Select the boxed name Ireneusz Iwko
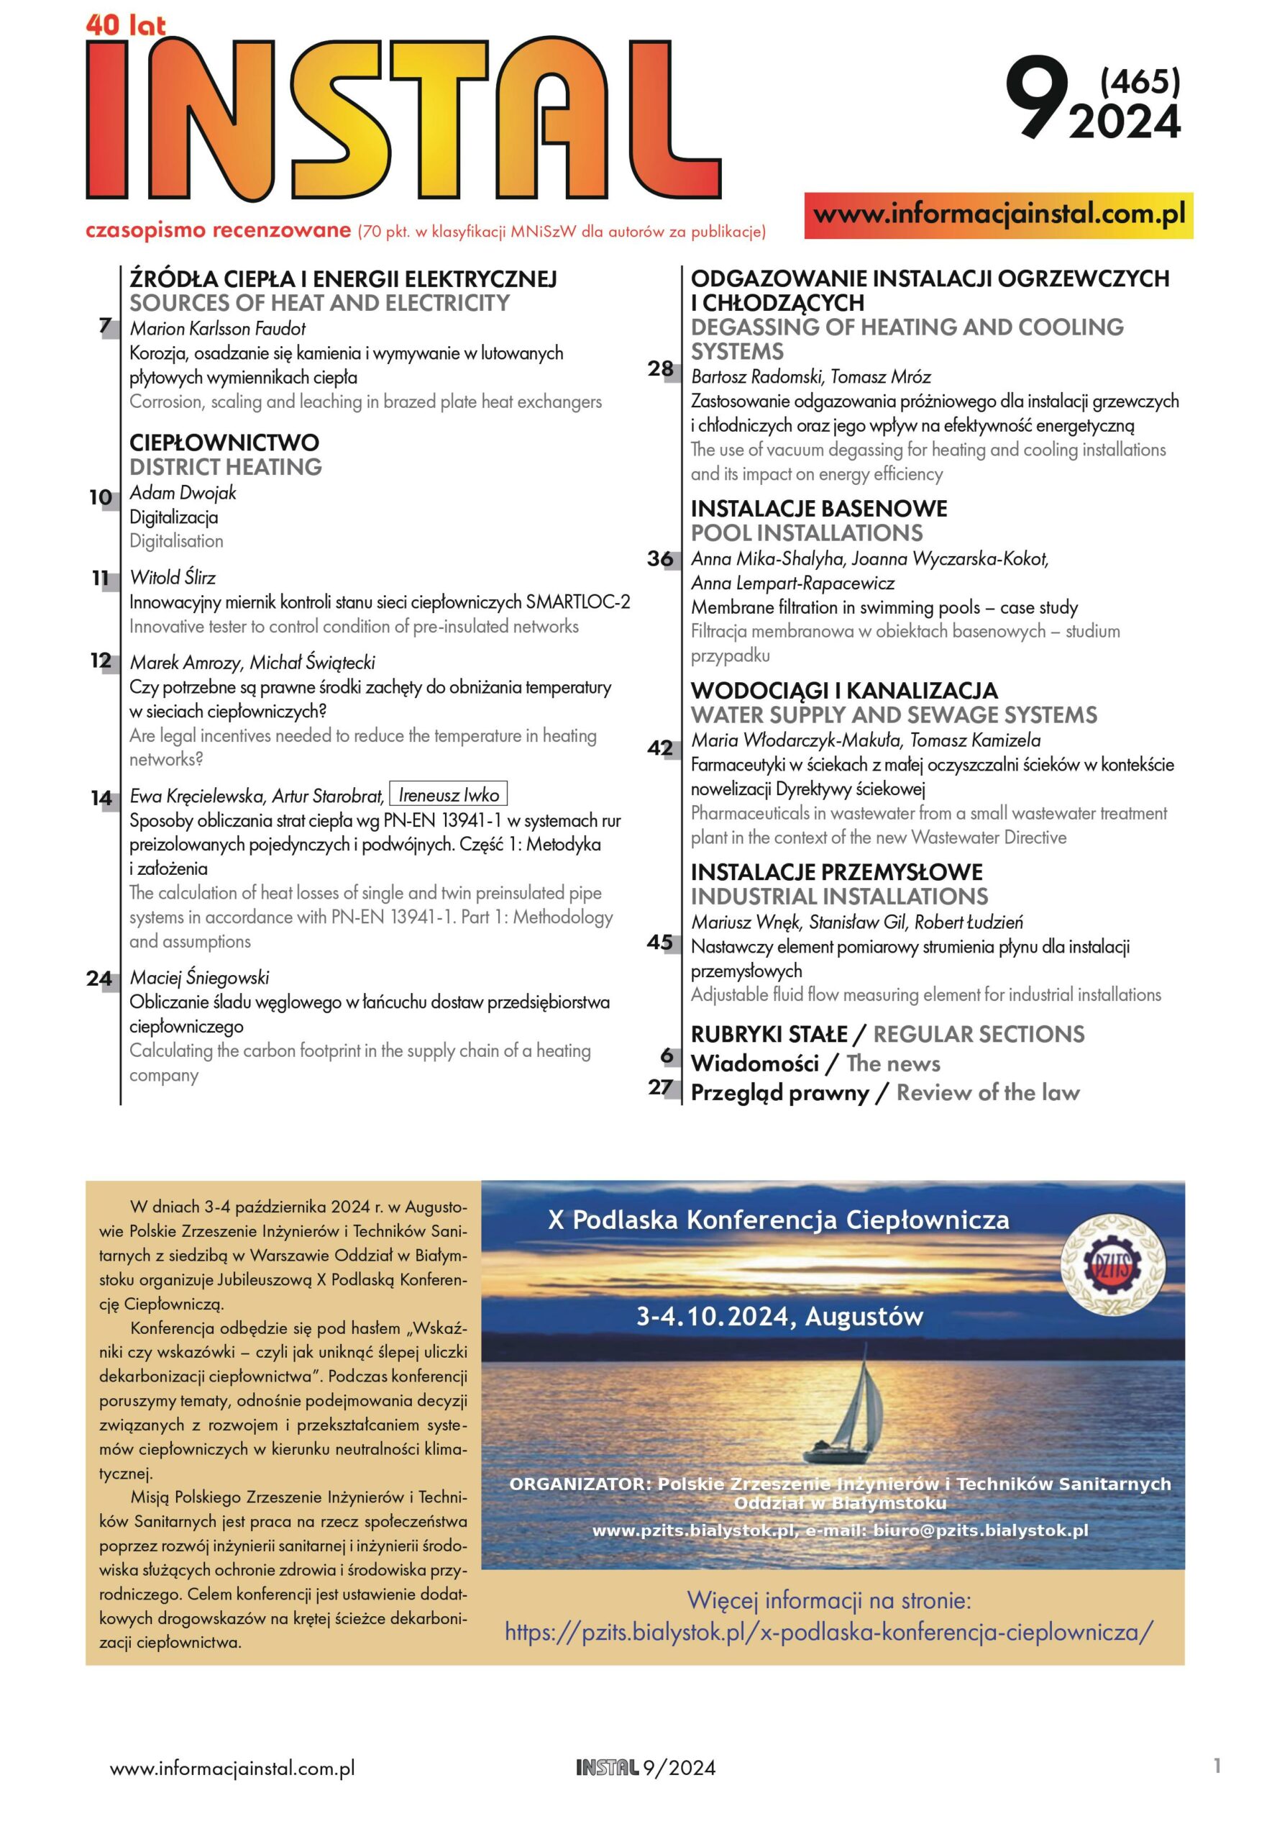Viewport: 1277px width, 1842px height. coord(448,795)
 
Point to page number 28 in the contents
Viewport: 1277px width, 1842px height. coord(660,369)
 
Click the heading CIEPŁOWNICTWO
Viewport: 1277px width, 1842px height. coord(224,443)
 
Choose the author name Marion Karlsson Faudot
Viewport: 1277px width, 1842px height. coord(218,328)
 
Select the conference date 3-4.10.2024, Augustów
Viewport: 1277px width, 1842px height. coord(779,1317)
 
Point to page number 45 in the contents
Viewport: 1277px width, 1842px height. coord(660,942)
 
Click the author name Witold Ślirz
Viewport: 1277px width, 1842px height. coord(173,577)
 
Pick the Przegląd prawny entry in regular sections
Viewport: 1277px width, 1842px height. coord(780,1093)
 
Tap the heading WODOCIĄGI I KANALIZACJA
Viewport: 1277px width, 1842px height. coord(844,690)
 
